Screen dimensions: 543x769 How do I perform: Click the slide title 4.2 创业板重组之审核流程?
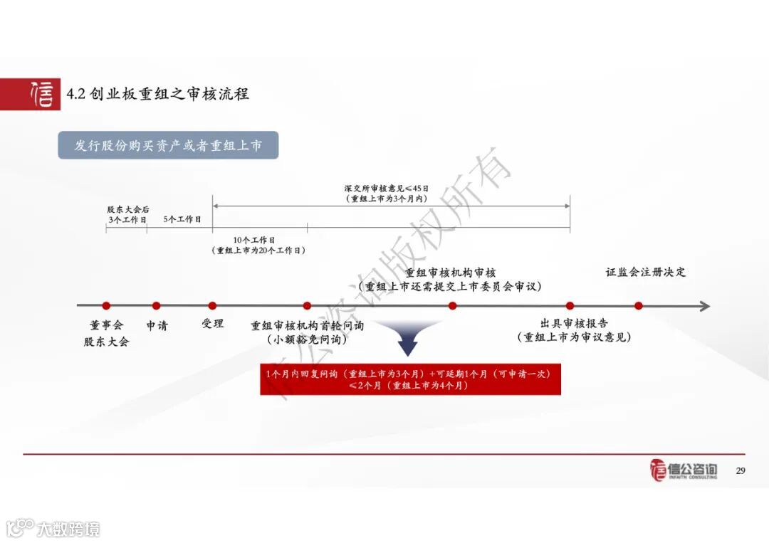pos(157,94)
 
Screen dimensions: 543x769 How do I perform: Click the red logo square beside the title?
pos(30,94)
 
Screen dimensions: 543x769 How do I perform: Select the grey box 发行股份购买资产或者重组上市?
pos(168,145)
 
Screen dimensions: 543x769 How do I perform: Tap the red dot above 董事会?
pos(106,306)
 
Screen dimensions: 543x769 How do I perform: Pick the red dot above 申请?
pos(156,306)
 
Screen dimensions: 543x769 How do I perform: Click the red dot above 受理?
pos(212,306)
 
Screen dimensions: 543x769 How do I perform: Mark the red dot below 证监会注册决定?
pos(639,306)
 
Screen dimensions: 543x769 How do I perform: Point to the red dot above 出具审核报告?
pos(570,306)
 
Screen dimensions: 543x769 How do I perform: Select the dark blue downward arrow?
pos(407,338)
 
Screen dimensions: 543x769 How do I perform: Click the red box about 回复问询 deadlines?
pos(409,379)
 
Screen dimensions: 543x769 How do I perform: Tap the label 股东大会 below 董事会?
pos(107,342)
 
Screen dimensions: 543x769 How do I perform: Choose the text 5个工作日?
pos(182,219)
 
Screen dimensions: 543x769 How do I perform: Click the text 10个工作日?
pos(253,241)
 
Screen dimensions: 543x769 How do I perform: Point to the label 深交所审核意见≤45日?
pos(387,189)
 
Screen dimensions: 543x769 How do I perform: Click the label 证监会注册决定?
pos(646,272)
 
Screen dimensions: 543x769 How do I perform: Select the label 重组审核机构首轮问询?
pos(307,325)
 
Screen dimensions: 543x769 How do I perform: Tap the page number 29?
pos(740,470)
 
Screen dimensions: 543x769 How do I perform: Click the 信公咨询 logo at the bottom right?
pos(684,470)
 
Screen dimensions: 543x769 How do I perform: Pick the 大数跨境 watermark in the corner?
pos(53,528)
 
